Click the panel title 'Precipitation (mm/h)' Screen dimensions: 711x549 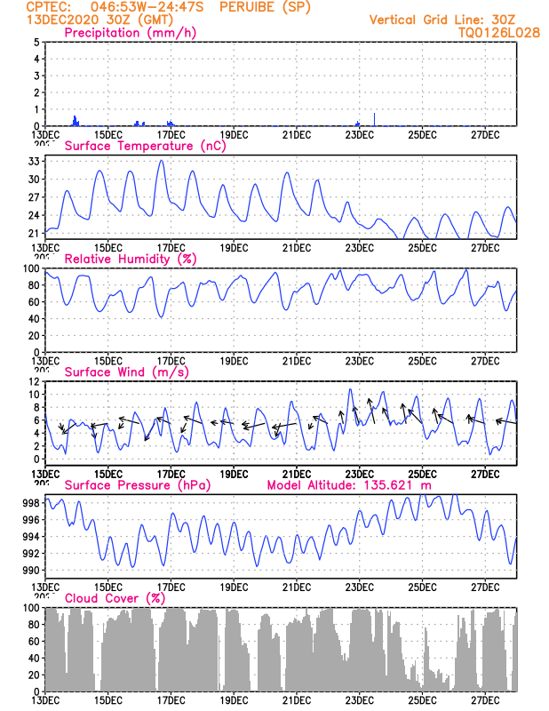tap(131, 33)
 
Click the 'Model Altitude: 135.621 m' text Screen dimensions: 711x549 tap(349, 485)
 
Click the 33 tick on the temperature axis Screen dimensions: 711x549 tap(35, 162)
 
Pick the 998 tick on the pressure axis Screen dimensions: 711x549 tap(30, 503)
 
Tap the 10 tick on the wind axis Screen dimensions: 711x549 tap(34, 395)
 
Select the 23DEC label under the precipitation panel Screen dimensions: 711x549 tap(359, 135)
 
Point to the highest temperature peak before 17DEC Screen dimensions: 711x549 tap(161, 161)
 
